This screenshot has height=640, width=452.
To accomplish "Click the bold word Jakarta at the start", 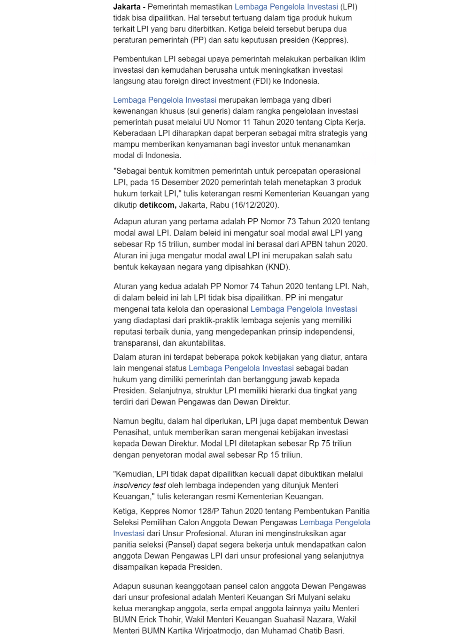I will pyautogui.click(x=127, y=7).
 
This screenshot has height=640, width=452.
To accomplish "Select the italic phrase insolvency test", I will pyautogui.click(x=139, y=485).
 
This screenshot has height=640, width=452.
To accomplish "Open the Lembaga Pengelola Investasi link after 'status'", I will pyautogui.click(x=241, y=368).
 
